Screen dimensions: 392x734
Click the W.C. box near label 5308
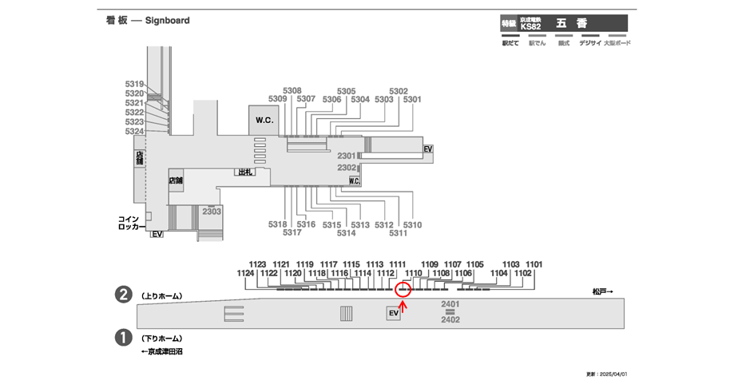(264, 120)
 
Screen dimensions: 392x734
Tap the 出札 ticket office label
(244, 172)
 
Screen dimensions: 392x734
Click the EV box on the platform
(393, 314)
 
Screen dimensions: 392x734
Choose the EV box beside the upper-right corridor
(428, 149)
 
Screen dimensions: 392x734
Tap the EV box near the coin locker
(157, 234)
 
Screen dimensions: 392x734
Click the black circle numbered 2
(124, 295)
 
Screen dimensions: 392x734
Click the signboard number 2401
(450, 304)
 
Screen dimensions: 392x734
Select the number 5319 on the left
(134, 84)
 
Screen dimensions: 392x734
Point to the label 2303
(212, 212)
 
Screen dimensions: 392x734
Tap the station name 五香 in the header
(566, 24)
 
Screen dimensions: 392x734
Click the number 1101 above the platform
(534, 263)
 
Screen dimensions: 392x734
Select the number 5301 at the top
(412, 100)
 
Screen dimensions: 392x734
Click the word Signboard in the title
(167, 21)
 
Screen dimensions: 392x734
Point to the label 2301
(347, 156)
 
